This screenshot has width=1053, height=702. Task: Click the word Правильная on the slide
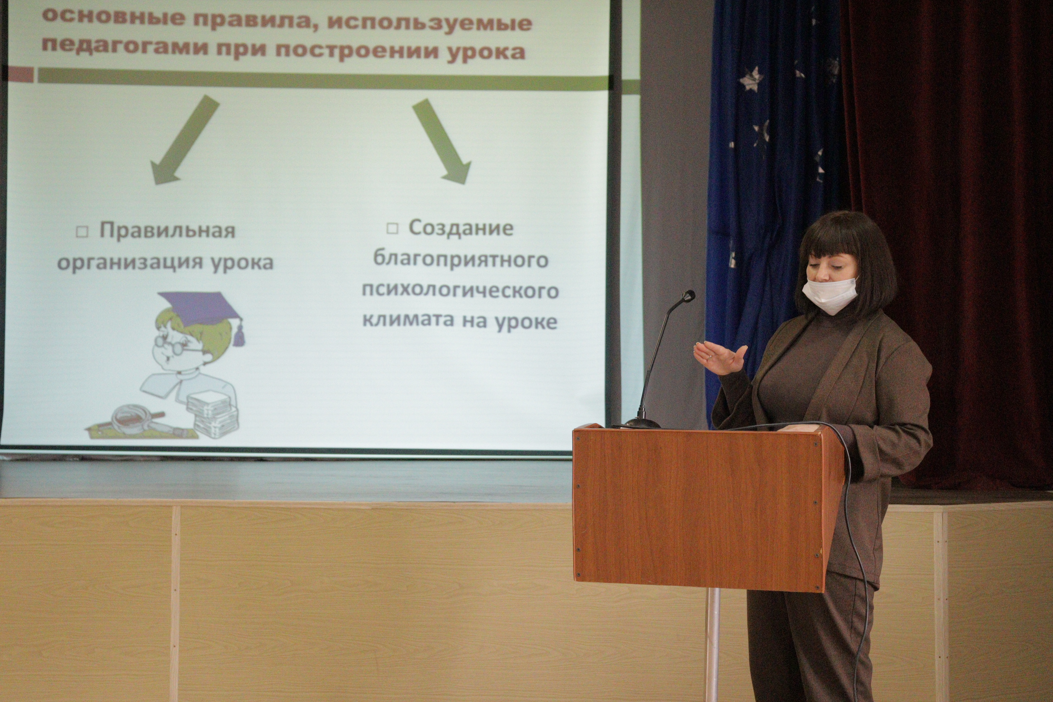(x=167, y=231)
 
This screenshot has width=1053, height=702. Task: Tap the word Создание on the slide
(x=461, y=228)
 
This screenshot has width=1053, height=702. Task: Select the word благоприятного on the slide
(x=461, y=260)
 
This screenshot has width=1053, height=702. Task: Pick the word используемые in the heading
(x=429, y=22)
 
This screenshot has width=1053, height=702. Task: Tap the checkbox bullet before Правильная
(x=82, y=232)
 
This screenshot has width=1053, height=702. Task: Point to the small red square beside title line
(x=21, y=74)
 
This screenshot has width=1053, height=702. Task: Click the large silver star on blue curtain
(x=751, y=79)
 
